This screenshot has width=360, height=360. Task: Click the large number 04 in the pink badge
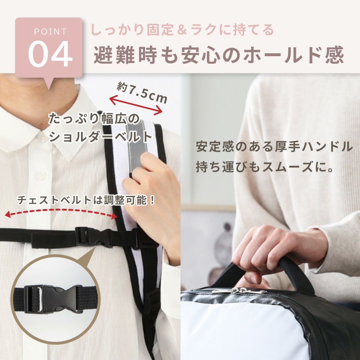50,54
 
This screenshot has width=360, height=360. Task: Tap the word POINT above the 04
50,32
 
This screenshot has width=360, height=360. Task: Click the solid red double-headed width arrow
136,105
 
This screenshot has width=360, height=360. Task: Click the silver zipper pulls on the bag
239,291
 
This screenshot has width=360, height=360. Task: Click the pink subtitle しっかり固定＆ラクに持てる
182,30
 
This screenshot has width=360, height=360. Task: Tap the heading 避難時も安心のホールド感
219,55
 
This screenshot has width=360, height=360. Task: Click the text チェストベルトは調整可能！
86,200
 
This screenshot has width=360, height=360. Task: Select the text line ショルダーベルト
100,137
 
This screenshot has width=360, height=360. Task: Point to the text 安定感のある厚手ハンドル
274,147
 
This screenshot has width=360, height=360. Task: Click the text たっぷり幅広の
94,119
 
